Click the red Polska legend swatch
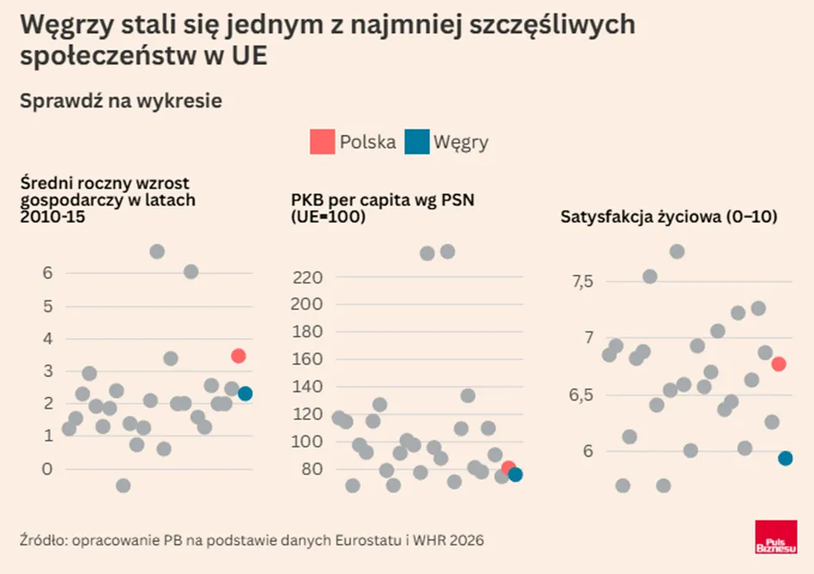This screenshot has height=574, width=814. pos(322,142)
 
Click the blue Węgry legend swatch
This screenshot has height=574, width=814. pos(417,142)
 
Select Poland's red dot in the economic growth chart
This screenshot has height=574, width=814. pos(239,355)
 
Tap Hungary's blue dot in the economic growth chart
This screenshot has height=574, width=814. pos(245,393)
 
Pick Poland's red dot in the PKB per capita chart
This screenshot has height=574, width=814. pos(508,468)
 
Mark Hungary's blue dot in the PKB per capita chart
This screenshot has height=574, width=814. pos(515,474)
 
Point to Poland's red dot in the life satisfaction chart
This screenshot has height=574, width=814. pos(778,364)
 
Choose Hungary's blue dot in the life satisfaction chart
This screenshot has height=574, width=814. pos(785,459)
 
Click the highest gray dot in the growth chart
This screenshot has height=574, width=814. pos(158,252)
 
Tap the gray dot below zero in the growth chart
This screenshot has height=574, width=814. pos(123,486)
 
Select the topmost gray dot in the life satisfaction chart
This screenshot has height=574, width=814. pos(676,252)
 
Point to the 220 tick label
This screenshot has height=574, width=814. pos(308,278)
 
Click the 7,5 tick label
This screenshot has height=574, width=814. pos(582,281)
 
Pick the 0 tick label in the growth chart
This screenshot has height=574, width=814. pos(47,469)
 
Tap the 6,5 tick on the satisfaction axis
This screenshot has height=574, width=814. pos(581,395)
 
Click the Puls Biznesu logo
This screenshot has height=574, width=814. pos(776,537)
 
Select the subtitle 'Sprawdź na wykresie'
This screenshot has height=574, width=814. pos(121,101)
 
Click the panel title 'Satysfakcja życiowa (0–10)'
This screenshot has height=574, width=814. pos(668,217)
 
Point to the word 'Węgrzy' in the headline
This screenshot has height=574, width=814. pos(66,26)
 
